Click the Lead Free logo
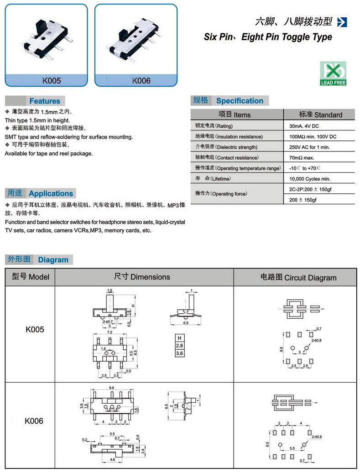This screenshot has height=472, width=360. click(x=333, y=73)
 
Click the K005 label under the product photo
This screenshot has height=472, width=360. click(x=51, y=81)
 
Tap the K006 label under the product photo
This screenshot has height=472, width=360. click(x=141, y=81)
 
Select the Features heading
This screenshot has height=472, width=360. click(x=45, y=101)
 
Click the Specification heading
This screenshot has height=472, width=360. click(x=240, y=101)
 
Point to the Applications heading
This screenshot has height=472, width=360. click(x=51, y=193)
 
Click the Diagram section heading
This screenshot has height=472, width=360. click(x=53, y=260)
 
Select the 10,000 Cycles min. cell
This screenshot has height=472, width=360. click(x=309, y=179)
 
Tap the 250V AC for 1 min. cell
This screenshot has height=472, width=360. click(x=309, y=147)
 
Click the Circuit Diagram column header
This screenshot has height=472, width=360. click(x=298, y=277)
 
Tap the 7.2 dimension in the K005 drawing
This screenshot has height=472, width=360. click(x=110, y=333)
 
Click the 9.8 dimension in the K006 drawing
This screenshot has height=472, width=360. click(x=111, y=388)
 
